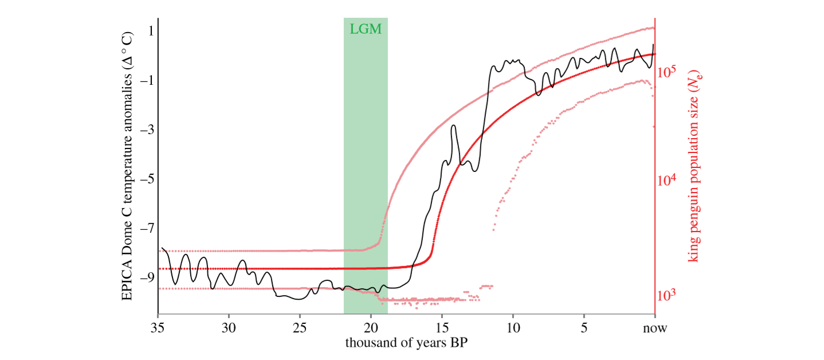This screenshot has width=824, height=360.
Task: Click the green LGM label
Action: pyautogui.click(x=365, y=29)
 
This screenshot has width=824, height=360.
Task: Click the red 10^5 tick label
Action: pyautogui.click(x=668, y=72)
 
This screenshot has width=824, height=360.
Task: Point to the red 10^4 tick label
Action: pyautogui.click(x=668, y=180)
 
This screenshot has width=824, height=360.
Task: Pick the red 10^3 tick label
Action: pyautogui.click(x=668, y=295)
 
